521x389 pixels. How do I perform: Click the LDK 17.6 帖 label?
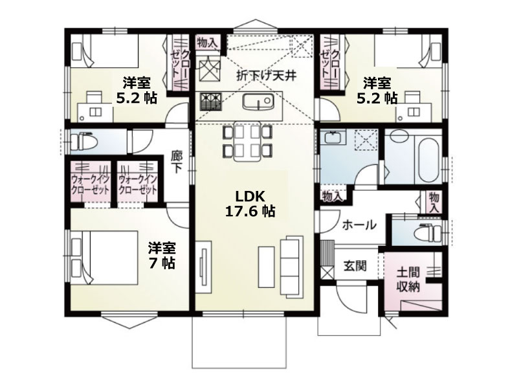(250, 204)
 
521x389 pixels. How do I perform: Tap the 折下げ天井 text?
(266, 76)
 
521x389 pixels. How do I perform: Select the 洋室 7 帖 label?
(162, 255)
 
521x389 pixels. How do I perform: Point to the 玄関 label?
(355, 265)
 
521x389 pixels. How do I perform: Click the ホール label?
(359, 225)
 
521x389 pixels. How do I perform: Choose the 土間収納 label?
(408, 280)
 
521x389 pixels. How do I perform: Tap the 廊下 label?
(176, 162)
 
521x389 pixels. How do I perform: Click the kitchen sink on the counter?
(258, 101)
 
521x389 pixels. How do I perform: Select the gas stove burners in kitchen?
(210, 102)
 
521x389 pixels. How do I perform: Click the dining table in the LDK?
(247, 142)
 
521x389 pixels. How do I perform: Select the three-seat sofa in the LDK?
(291, 265)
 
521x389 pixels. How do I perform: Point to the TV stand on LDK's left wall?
(203, 267)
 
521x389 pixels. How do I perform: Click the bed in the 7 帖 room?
(104, 258)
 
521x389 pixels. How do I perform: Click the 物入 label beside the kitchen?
(207, 43)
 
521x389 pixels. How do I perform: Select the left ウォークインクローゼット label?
(91, 184)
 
